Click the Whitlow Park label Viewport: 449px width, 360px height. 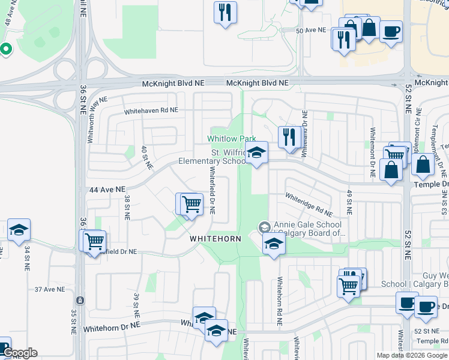[232, 139]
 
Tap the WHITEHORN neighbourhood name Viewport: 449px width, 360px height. [215, 239]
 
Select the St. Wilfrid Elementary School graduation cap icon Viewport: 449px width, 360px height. [256, 154]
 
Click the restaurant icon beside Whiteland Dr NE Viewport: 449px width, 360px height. [289, 137]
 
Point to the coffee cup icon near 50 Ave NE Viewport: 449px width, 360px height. [391, 31]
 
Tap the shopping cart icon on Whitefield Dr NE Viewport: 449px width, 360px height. [191, 204]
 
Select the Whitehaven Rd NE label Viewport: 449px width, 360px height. [151, 111]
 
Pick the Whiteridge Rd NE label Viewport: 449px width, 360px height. [309, 205]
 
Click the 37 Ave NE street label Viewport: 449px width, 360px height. [49, 289]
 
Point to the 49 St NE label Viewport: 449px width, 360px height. [348, 202]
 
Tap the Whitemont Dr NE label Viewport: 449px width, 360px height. [373, 152]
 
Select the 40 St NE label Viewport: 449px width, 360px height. [144, 158]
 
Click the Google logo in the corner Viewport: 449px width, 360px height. [19, 353]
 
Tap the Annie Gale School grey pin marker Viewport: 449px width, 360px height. [264, 227]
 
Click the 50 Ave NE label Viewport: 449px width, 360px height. [311, 30]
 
